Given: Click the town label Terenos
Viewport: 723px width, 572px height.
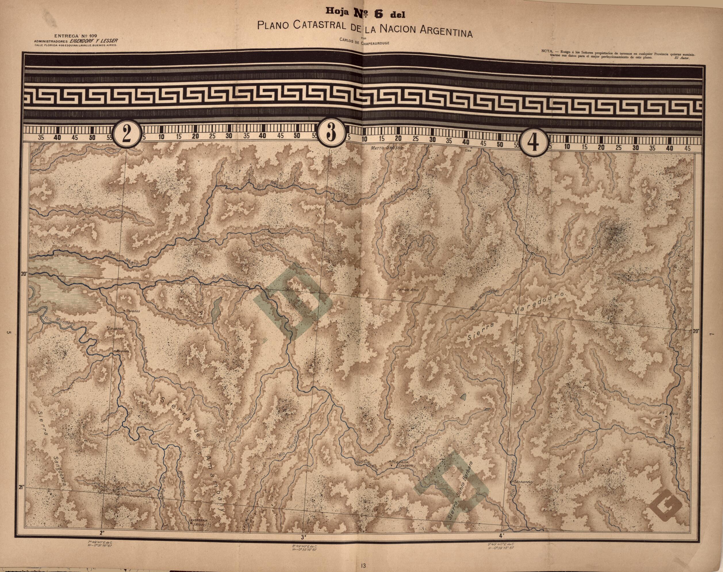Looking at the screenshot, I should pos(132,311).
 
